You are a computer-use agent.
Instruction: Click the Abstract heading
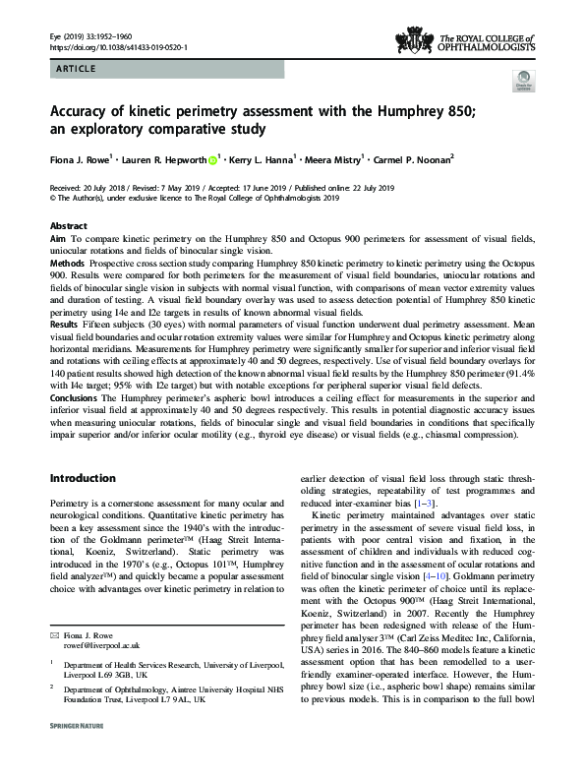coord(68,225)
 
